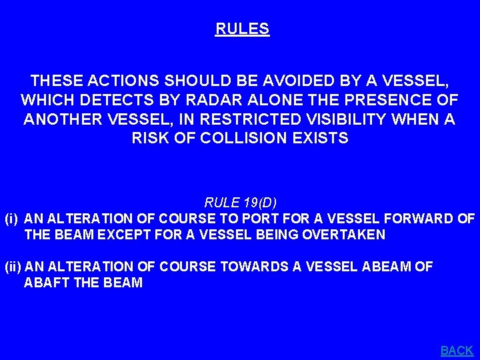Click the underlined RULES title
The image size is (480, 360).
[x=242, y=29]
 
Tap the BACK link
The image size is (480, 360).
[x=457, y=350]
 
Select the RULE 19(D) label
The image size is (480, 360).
[x=240, y=203]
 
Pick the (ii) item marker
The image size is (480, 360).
[x=13, y=267]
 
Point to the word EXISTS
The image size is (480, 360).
[x=325, y=138]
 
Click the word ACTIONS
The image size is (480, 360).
[x=116, y=81]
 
